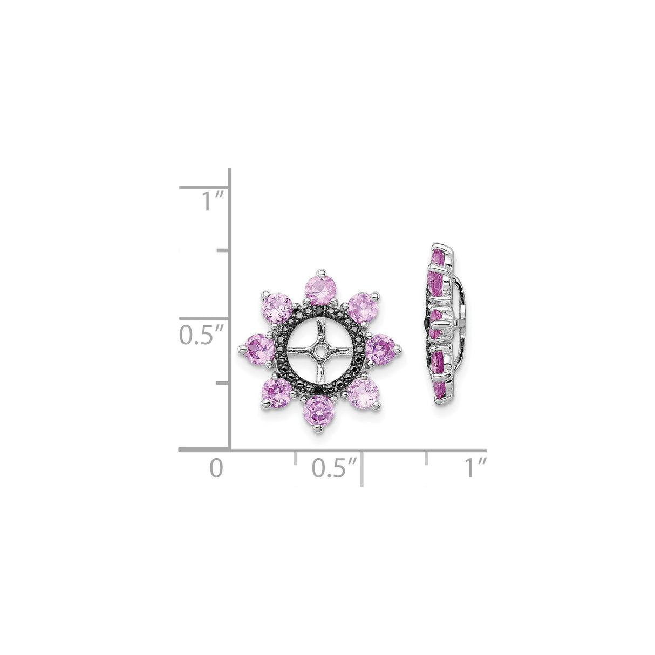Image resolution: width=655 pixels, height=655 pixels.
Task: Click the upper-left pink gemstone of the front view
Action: [x=277, y=308]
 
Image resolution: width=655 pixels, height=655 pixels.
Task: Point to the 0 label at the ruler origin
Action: [x=216, y=468]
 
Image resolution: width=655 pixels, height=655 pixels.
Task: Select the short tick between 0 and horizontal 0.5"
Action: [x=295, y=458]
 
